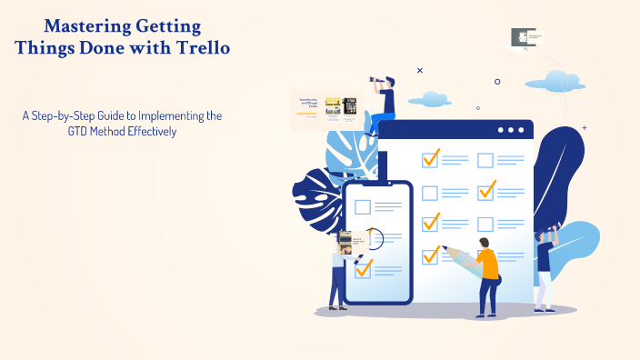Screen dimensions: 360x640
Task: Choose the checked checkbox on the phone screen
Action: (364, 268)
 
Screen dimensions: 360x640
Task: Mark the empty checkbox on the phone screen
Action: (363, 207)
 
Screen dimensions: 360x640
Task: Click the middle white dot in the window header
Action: (511, 130)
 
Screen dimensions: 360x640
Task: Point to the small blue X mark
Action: (419, 70)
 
